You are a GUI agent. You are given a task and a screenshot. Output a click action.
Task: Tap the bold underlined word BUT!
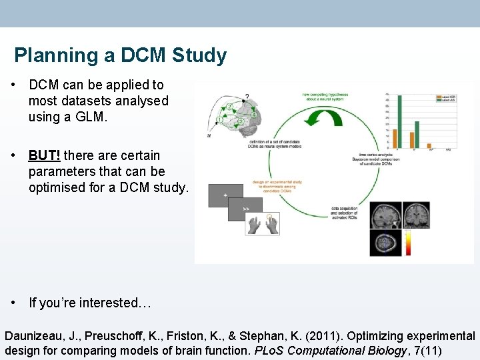coord(45,155)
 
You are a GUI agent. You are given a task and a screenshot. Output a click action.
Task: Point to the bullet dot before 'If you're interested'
coord(13,303)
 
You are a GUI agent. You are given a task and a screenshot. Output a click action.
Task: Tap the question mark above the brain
coord(247,96)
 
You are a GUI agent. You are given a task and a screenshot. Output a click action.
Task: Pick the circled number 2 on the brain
coord(230,106)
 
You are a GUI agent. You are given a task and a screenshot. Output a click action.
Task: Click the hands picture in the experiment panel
coord(263,225)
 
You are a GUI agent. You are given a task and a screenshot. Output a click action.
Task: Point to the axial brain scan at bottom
coord(385,242)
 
